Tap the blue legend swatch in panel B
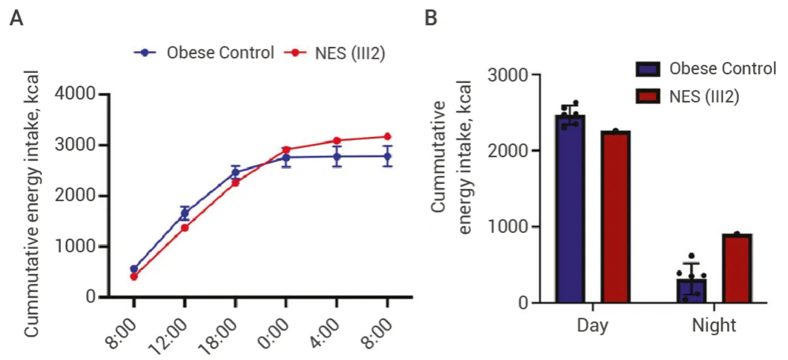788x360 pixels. pyautogui.click(x=649, y=69)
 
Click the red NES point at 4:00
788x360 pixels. pyautogui.click(x=337, y=141)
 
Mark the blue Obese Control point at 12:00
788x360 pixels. pyautogui.click(x=185, y=213)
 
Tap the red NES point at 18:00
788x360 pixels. pyautogui.click(x=235, y=182)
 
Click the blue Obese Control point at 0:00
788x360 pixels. pyautogui.click(x=286, y=158)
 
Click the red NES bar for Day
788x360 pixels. pyautogui.click(x=615, y=217)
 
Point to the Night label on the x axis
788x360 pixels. pyautogui.click(x=713, y=325)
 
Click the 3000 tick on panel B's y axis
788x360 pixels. pyautogui.click(x=507, y=75)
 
